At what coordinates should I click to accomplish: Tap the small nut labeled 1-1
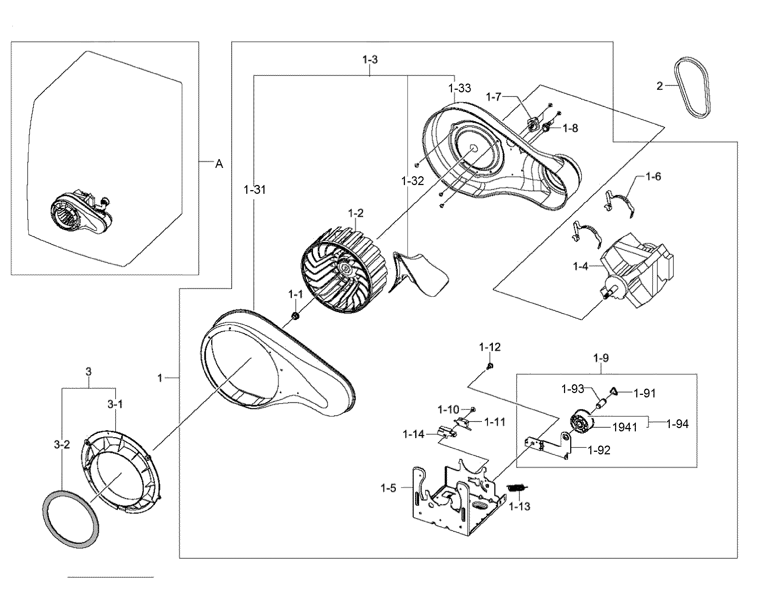coord(295,316)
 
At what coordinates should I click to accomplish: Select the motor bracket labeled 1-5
coord(456,504)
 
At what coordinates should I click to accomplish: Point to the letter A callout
coord(219,164)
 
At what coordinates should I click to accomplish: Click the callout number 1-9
coord(601,358)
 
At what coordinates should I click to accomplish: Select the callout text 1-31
coord(255,190)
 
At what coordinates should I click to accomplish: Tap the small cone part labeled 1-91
coord(614,392)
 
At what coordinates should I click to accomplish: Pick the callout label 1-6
coord(653,177)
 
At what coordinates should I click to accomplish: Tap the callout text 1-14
coord(413,434)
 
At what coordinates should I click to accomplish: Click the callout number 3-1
coord(115,404)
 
